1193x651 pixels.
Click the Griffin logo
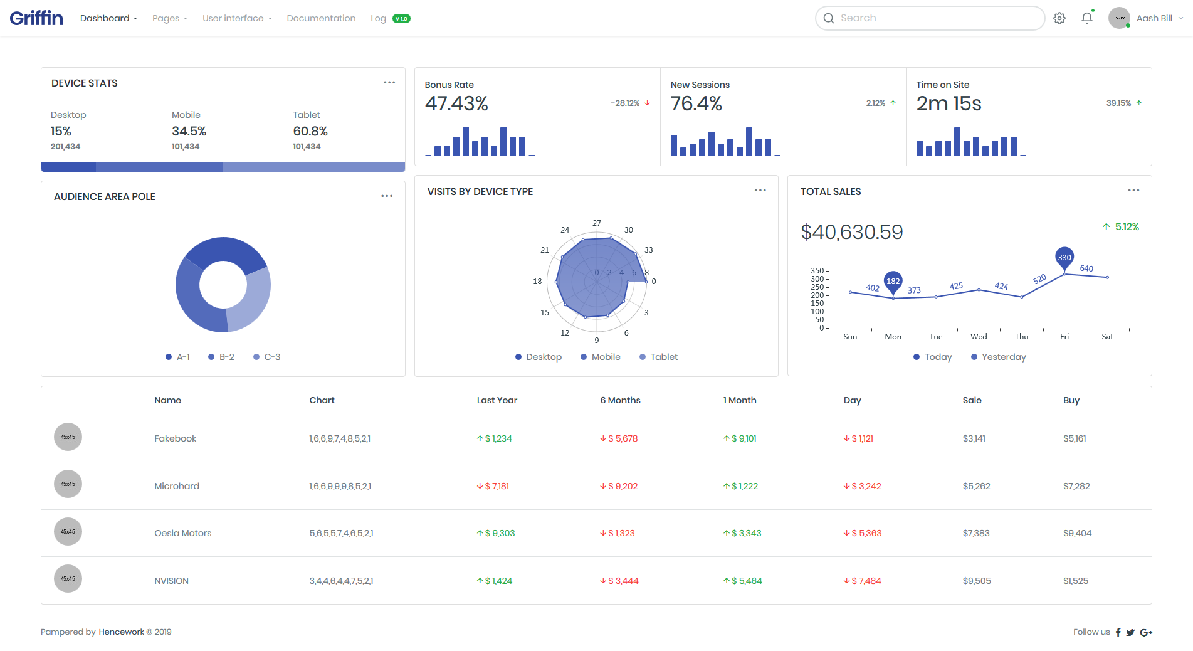36,18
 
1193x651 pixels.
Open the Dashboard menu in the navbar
108,18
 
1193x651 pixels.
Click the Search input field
930,18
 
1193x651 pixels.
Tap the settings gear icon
1059,18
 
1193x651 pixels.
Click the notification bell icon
1087,18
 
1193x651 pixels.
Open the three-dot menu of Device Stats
389,83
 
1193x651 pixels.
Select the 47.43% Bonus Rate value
456,103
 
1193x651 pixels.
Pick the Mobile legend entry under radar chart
601,357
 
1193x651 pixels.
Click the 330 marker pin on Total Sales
1064,258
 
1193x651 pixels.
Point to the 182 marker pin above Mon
893,282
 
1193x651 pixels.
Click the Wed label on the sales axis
979,337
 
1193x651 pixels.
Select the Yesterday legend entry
999,357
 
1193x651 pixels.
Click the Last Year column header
497,400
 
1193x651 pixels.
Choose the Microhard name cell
177,486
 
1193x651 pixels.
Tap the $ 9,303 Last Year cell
496,533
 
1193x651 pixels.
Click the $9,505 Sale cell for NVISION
977,581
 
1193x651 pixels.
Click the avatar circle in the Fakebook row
68,437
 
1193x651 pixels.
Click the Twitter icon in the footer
1130,632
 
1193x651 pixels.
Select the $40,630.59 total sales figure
852,232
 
